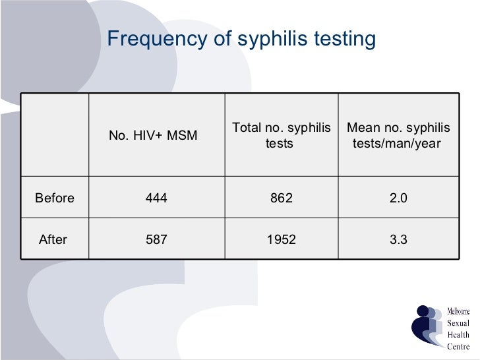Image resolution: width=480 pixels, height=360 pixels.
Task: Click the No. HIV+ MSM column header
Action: click(156, 136)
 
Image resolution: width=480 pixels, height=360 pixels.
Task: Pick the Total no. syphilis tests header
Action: click(280, 135)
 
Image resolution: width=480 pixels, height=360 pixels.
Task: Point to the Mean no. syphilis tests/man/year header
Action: click(398, 135)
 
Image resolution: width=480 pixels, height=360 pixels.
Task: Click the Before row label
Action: click(55, 198)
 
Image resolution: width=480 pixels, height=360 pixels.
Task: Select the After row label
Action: click(53, 240)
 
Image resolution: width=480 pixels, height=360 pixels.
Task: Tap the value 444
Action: click(156, 198)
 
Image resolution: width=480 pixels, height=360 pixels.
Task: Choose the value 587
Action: click(156, 240)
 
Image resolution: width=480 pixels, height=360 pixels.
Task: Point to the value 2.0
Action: click(398, 198)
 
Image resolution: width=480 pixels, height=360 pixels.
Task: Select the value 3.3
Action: click(398, 240)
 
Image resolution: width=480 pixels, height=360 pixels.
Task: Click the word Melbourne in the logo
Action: click(459, 311)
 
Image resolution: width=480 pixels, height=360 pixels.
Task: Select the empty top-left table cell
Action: click(55, 135)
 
